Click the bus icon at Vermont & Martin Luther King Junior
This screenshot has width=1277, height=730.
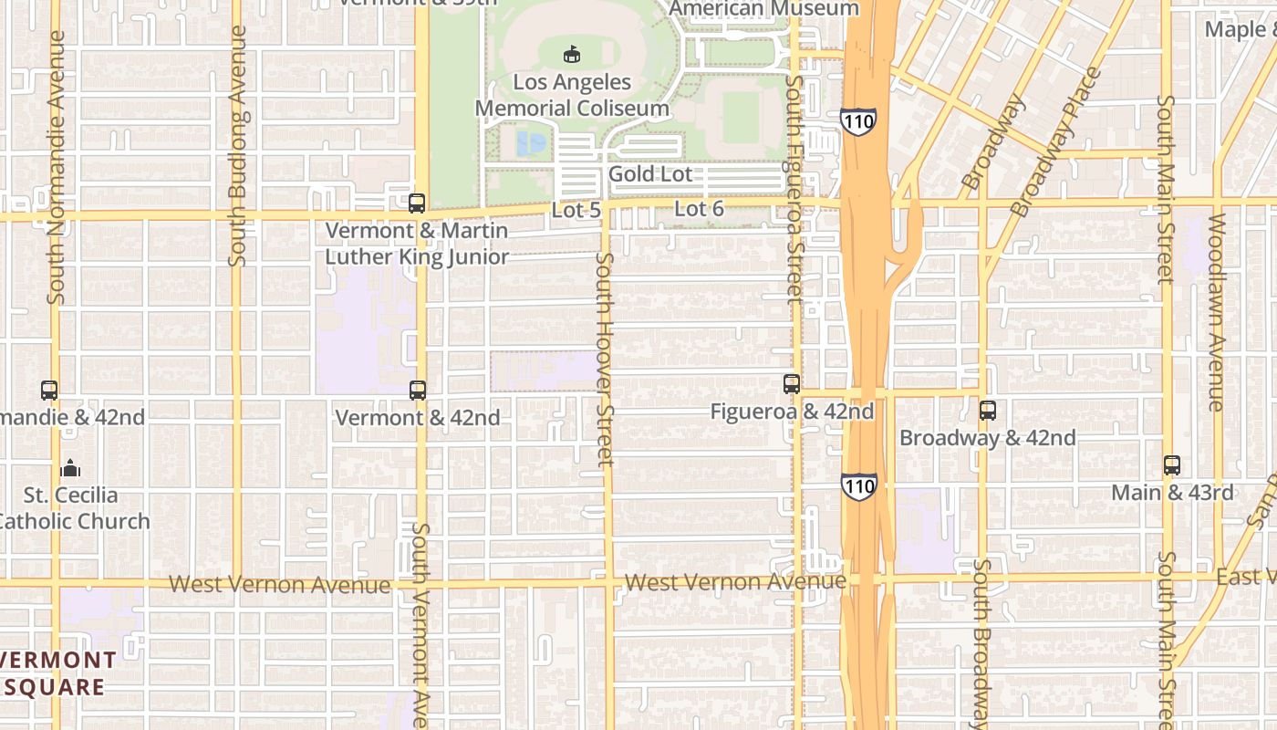[x=417, y=203]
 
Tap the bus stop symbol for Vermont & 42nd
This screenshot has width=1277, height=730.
[x=418, y=391]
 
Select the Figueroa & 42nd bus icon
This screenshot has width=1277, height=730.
[x=792, y=384]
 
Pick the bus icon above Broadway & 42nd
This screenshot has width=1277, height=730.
[x=988, y=411]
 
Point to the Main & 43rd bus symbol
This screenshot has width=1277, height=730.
[x=1172, y=465]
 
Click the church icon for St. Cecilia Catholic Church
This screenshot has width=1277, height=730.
[x=70, y=469]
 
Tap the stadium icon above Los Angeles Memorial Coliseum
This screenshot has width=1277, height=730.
[x=572, y=55]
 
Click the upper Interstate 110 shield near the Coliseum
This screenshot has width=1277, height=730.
[x=858, y=121]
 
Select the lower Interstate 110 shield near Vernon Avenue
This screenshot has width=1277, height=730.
[x=859, y=486]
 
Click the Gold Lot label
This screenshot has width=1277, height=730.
[x=650, y=174]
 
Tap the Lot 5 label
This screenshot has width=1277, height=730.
[x=576, y=210]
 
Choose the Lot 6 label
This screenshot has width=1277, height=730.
[x=699, y=209]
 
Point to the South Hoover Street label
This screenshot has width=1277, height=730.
[x=605, y=360]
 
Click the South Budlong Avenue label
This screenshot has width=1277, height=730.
[x=238, y=146]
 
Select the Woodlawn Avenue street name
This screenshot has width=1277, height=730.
[x=1216, y=312]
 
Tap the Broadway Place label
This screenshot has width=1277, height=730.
[x=1057, y=141]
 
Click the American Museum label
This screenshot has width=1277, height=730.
[x=763, y=9]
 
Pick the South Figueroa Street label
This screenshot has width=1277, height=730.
[x=794, y=189]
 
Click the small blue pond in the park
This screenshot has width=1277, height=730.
[x=531, y=142]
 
